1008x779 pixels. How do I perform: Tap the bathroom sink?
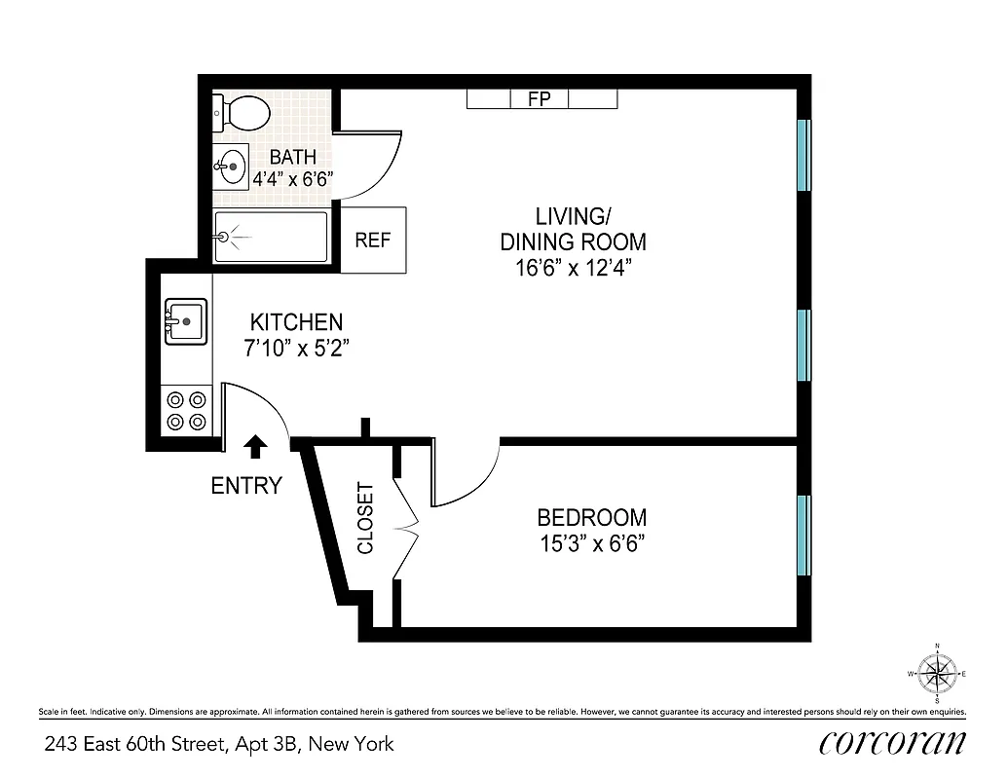[231, 167]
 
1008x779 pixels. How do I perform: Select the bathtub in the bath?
[271, 236]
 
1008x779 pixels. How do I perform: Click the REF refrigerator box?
[372, 240]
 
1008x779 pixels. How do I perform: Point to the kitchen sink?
[185, 320]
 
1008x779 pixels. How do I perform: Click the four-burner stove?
[186, 410]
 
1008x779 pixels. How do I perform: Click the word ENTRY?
[246, 485]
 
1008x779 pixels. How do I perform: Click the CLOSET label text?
[365, 518]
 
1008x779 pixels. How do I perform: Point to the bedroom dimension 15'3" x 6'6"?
[591, 542]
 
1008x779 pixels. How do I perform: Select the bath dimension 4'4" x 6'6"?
[293, 179]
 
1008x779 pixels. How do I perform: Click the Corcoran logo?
[892, 742]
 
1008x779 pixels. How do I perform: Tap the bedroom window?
[803, 536]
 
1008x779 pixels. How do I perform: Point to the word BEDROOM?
[591, 518]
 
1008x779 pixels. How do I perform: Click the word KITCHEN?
[296, 322]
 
